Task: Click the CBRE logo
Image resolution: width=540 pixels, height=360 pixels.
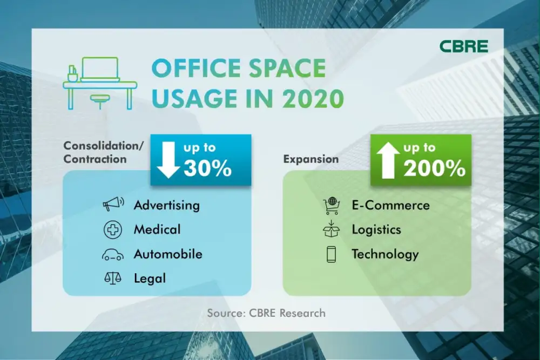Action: coord(463,46)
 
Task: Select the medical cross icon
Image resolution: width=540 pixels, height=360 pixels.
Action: coord(113,229)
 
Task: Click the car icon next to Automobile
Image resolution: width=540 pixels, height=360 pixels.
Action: coord(113,255)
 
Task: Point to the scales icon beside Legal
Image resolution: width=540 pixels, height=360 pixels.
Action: coord(113,278)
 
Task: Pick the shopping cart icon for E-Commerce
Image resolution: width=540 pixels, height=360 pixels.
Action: coord(332,206)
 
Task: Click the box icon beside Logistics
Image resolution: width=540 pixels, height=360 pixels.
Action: coord(332,229)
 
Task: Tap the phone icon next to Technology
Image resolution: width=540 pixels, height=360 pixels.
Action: coord(332,254)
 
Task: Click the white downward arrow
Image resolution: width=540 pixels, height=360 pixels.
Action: coord(168,160)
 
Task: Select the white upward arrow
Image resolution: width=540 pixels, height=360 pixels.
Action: coord(388,160)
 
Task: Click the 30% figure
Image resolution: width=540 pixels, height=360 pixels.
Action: coord(207,168)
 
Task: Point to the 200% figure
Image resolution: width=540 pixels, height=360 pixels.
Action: coord(435,168)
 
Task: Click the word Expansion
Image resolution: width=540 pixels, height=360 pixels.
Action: coord(311,159)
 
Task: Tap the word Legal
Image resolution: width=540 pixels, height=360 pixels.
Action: coord(150,279)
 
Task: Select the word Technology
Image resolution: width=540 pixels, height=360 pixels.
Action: coord(385,254)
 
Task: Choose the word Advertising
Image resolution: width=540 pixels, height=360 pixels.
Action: coord(167,206)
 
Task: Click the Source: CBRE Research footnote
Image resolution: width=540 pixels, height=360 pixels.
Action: coord(266,313)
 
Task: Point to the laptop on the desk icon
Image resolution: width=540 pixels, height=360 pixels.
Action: coord(100,70)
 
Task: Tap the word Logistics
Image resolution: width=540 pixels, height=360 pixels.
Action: coord(376,229)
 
